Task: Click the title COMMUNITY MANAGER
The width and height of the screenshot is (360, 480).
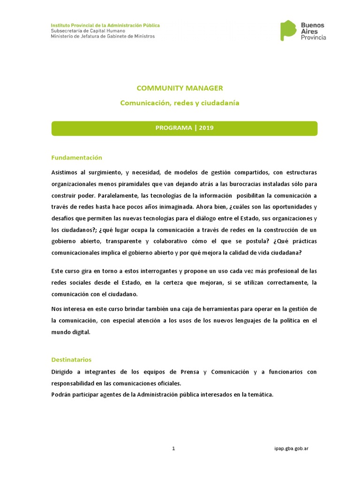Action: (x=180, y=88)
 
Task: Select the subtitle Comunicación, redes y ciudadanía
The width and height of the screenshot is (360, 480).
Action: (x=180, y=103)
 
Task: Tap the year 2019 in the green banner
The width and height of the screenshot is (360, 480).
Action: (x=206, y=128)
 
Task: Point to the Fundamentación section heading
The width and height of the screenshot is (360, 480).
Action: (x=76, y=157)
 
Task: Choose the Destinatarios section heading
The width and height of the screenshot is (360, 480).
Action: (x=71, y=360)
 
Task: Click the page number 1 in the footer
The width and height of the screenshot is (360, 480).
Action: (x=173, y=449)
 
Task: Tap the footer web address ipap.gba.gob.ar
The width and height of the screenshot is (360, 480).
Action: (x=291, y=449)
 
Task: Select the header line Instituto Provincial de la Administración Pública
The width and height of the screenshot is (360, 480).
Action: (x=105, y=25)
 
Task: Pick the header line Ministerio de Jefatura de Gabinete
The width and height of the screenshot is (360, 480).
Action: (x=103, y=36)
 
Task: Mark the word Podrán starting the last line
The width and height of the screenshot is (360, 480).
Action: (x=62, y=394)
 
